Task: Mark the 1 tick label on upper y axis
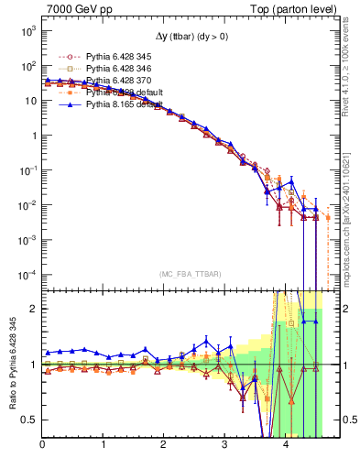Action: point(32,136)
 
